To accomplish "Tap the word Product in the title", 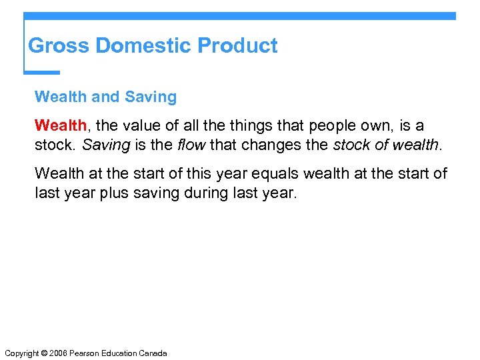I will point(238,45).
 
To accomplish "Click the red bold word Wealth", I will point(60,125).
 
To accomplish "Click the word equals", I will point(274,174).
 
